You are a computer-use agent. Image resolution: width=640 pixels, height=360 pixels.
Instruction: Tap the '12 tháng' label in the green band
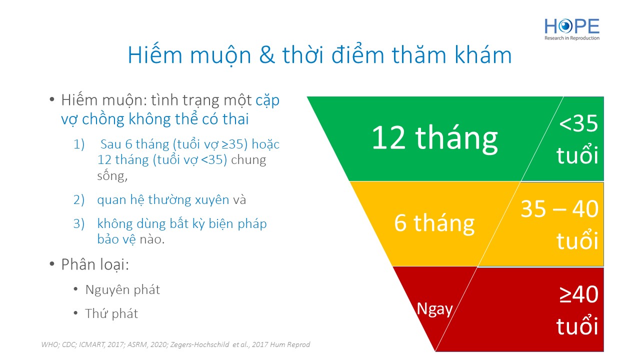click(x=435, y=139)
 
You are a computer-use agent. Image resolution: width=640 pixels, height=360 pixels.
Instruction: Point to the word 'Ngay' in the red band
click(x=434, y=309)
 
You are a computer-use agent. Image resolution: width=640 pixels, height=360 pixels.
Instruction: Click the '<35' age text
click(x=578, y=123)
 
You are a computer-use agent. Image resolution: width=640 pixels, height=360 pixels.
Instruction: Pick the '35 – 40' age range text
click(x=559, y=209)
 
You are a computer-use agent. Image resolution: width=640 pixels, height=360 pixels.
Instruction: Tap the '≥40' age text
click(x=579, y=294)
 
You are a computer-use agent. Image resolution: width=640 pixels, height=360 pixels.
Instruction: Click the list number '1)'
click(x=79, y=144)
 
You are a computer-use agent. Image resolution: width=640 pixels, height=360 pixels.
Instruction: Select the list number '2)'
click(x=79, y=199)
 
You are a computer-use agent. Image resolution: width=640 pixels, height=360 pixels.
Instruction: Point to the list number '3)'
click(x=79, y=223)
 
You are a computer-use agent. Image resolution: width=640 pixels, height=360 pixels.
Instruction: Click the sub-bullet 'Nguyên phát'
click(x=122, y=290)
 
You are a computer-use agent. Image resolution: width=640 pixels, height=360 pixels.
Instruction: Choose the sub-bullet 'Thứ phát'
click(x=111, y=313)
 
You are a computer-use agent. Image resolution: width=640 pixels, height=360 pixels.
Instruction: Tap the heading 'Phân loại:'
click(x=95, y=264)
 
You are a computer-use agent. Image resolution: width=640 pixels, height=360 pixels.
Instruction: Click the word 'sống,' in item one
click(x=112, y=175)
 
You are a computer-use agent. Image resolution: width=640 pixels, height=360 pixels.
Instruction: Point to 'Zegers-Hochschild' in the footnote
click(x=199, y=345)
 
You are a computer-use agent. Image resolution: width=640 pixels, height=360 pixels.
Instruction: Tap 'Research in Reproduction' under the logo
click(x=572, y=38)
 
